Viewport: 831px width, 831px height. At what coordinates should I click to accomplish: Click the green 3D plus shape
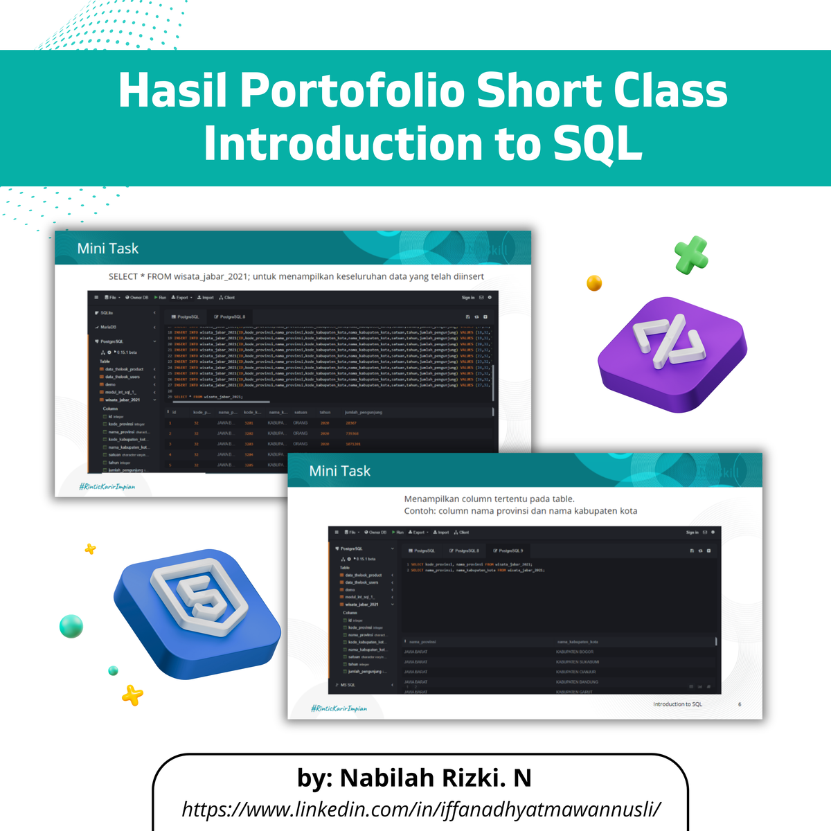[691, 255]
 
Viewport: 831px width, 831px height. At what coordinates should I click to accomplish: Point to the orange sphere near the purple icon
[594, 283]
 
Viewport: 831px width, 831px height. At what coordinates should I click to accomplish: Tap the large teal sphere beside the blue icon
[71, 626]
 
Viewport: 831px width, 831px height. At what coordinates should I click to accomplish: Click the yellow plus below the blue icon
[132, 694]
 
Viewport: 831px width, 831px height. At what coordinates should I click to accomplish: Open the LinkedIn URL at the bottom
[421, 809]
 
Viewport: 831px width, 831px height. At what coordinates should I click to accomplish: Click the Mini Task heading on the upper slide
[108, 249]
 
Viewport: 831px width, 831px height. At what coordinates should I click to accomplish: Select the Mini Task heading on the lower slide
[340, 471]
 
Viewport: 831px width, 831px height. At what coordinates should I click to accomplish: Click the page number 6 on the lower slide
[740, 704]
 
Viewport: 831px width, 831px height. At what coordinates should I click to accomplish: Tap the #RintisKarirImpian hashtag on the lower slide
[339, 708]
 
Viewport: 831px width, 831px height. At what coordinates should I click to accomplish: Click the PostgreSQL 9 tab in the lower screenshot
[509, 551]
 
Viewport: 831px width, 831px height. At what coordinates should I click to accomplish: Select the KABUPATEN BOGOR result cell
[575, 652]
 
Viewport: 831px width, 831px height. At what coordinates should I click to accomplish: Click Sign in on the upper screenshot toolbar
[468, 298]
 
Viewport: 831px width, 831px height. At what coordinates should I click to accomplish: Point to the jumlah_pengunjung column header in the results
[364, 412]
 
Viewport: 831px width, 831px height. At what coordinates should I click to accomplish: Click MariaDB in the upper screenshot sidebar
[108, 327]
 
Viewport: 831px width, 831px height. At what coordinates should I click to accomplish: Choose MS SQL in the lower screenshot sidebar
[348, 685]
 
